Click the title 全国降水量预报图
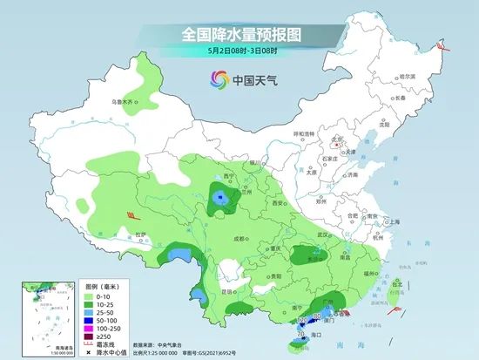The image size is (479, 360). [239, 34]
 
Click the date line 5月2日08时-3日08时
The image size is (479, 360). [239, 52]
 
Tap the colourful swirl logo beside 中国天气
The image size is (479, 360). [216, 80]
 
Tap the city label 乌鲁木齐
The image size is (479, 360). [125, 102]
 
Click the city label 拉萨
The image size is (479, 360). [142, 234]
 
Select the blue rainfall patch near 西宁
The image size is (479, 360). [221, 200]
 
